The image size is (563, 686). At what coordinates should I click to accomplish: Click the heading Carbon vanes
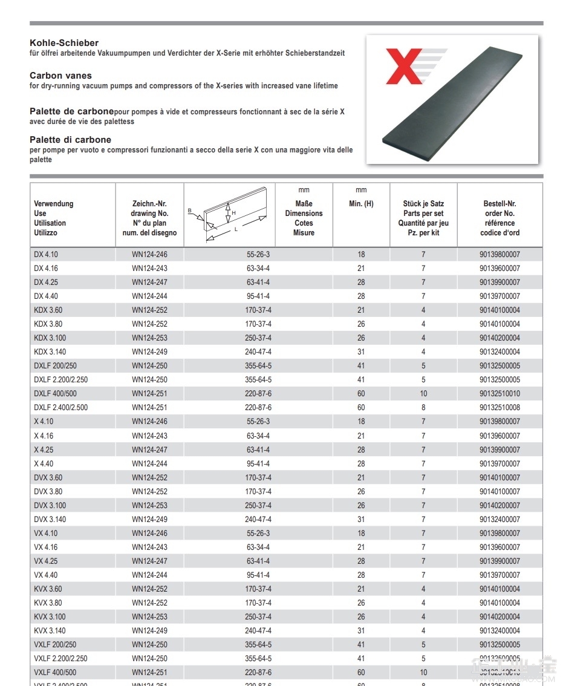click(x=60, y=76)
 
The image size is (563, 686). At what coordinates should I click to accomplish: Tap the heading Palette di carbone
click(x=70, y=140)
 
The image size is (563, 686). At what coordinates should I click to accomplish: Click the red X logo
click(x=405, y=66)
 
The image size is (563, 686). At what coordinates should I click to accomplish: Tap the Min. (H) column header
click(x=361, y=204)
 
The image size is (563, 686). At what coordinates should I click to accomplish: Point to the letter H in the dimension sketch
click(x=233, y=213)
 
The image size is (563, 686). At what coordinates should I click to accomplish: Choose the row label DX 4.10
click(x=46, y=255)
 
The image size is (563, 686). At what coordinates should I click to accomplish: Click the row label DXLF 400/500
click(x=55, y=394)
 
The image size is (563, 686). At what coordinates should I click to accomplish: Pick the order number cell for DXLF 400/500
click(x=500, y=394)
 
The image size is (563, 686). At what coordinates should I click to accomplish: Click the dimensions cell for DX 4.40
click(x=258, y=296)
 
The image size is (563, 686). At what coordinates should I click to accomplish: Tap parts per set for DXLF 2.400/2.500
click(x=423, y=408)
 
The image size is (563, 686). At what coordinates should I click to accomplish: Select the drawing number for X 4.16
click(x=149, y=436)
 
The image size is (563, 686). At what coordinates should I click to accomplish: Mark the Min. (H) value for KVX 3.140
click(x=361, y=631)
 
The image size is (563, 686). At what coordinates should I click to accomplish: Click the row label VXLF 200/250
click(x=55, y=645)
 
